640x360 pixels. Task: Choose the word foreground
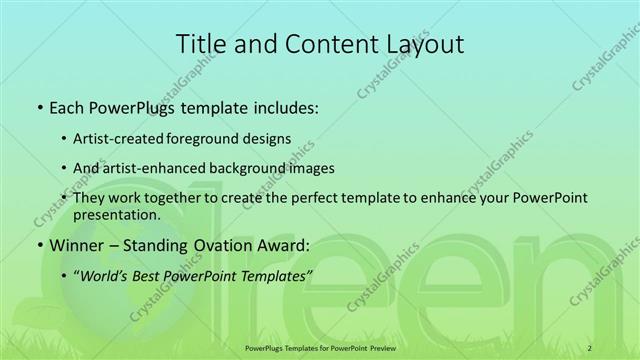coord(219,138)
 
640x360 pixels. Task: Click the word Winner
coord(73,245)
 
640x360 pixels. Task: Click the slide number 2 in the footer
coord(591,347)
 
